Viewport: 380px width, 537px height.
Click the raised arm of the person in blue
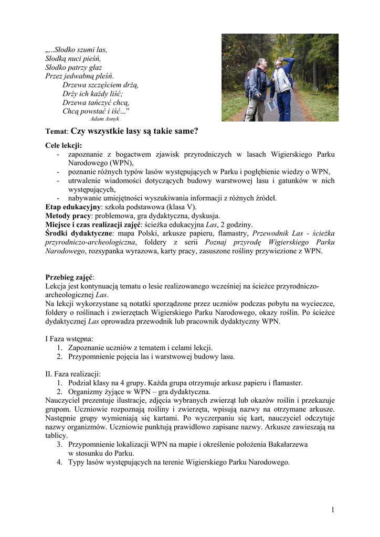coord(288,64)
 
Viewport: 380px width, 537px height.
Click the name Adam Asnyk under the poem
coord(105,119)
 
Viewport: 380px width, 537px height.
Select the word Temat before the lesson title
coord(56,132)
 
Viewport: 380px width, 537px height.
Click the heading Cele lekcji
coord(64,145)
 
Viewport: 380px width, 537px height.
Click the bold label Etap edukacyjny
coord(73,207)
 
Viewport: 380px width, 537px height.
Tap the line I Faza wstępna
coord(69,339)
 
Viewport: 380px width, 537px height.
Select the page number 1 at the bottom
coord(333,510)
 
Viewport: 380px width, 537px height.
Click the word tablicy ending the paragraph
coord(56,435)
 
